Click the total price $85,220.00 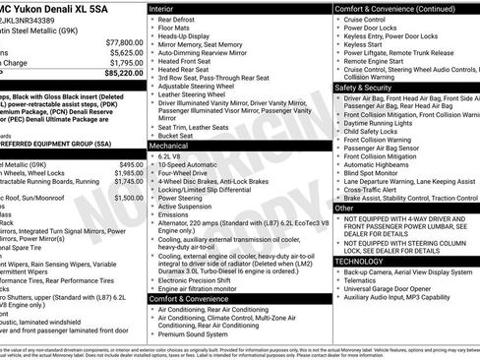(x=119, y=74)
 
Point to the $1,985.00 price (x=123, y=173)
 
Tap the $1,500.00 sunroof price (x=123, y=198)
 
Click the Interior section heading (x=162, y=7)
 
